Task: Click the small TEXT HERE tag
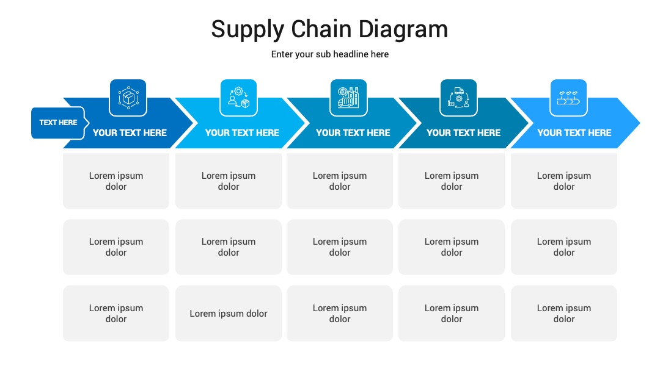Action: coord(58,123)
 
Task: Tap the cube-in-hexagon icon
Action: coord(128,98)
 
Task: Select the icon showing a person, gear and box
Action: coord(239,98)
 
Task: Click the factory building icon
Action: coord(348,98)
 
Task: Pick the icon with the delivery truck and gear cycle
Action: coord(458,98)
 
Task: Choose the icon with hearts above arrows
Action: coord(568,98)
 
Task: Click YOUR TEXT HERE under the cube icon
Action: coord(130,133)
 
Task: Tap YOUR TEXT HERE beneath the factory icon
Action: coord(353,133)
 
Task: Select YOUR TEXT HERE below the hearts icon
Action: coord(574,133)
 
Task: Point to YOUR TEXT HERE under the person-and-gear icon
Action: coord(242,133)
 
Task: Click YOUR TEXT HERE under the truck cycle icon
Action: coord(463,133)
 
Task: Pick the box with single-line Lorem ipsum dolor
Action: coord(229,314)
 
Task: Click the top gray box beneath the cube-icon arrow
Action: coord(116,181)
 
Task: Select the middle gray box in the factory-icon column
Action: coord(340,247)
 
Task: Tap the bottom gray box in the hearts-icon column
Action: coord(564,314)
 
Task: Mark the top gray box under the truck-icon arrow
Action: coord(452,181)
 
